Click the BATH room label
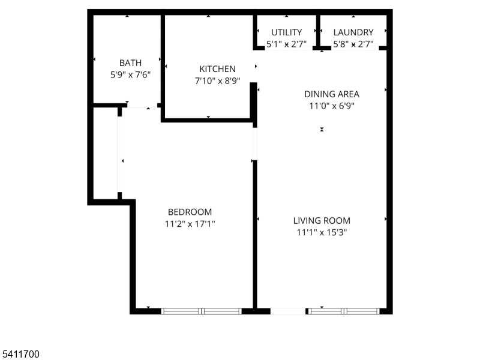point(130,63)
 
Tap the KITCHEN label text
point(217,69)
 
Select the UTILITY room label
point(287,32)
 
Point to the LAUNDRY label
point(353,32)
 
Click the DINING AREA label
point(332,94)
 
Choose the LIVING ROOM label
point(322,220)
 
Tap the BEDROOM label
point(190,212)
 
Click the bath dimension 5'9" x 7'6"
point(130,74)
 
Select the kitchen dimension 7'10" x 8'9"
point(217,81)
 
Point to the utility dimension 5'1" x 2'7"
point(287,44)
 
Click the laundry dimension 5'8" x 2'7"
point(353,44)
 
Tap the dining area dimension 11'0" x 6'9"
point(332,106)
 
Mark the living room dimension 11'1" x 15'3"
point(322,232)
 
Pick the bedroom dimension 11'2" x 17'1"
point(190,224)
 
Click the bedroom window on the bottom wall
point(202,311)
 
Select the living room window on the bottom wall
point(344,311)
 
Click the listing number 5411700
point(20,354)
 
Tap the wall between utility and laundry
point(318,31)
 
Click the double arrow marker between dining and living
point(322,130)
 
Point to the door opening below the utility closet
point(289,49)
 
